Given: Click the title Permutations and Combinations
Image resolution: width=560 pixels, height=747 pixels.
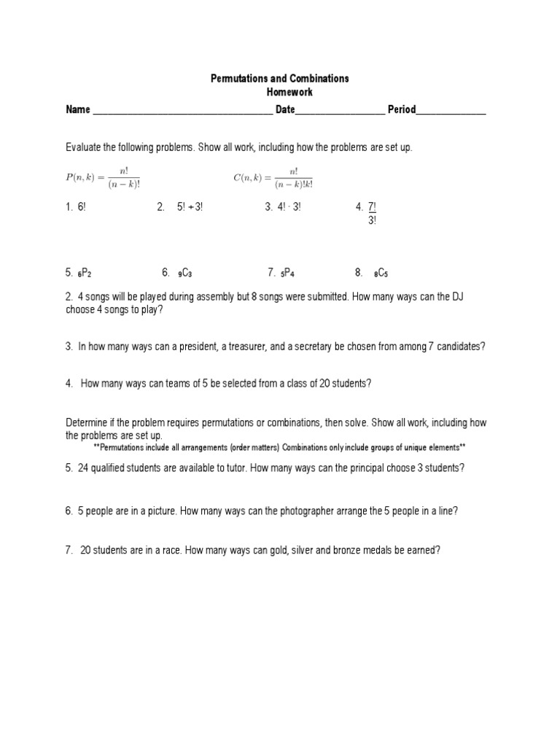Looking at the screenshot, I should [x=280, y=78].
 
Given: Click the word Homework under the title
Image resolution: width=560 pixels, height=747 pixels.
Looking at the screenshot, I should [x=280, y=92].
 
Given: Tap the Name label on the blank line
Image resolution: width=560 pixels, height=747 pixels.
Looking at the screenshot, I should [x=78, y=110].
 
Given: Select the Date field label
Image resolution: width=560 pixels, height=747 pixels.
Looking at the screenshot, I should [x=285, y=110].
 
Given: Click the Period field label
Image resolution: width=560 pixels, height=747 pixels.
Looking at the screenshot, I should [x=402, y=110].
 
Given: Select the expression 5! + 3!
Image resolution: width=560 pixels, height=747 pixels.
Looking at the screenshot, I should [x=190, y=207].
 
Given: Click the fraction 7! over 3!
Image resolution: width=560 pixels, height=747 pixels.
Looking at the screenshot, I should [x=372, y=213].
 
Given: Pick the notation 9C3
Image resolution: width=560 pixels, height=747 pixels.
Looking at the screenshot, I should [x=184, y=273].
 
